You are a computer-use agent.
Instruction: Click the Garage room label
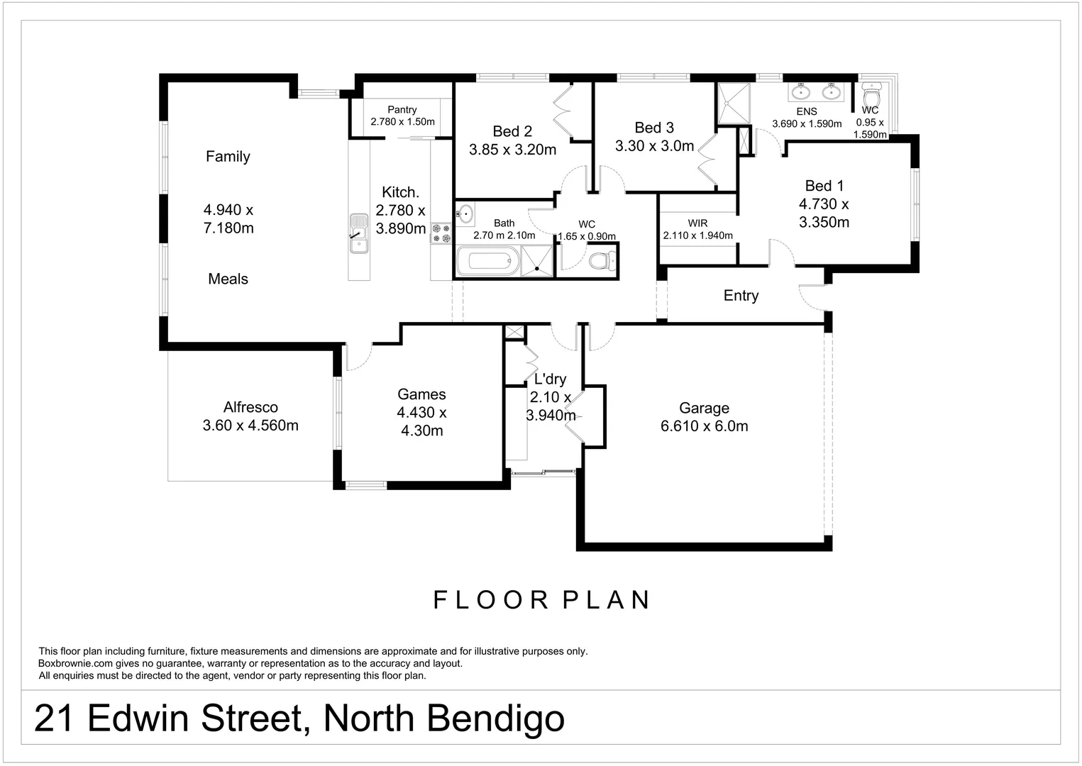704,408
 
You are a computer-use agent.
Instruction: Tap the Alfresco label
250,407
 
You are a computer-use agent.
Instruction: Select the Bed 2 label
512,131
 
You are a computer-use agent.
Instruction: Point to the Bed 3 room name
654,128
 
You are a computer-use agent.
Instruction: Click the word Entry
741,296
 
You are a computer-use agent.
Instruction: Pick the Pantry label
402,110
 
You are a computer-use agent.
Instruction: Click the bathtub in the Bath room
488,261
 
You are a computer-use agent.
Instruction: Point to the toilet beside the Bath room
601,260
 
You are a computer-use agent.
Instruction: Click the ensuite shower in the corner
732,104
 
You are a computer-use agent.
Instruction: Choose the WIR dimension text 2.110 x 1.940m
697,235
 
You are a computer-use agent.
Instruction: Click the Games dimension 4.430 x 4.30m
422,421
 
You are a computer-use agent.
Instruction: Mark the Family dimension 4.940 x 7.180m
228,218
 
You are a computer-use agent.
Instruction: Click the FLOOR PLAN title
542,600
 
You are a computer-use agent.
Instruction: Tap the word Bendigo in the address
496,718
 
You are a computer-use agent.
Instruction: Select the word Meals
228,279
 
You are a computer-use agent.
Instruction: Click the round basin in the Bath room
465,212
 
